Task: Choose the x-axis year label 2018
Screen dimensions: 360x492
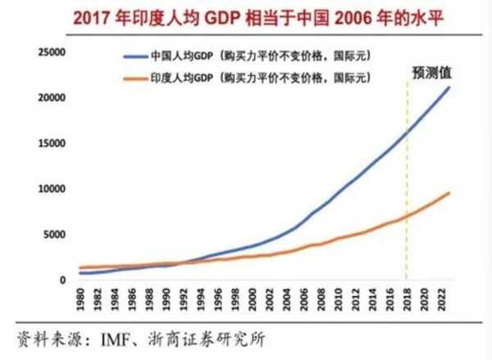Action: (x=408, y=301)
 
